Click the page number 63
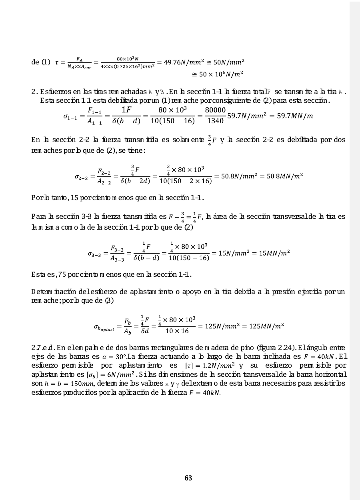188,478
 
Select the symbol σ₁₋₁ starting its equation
71,116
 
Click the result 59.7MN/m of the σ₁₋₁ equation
294,116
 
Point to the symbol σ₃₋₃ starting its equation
96,253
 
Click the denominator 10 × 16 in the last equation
177,331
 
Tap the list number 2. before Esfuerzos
34,93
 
